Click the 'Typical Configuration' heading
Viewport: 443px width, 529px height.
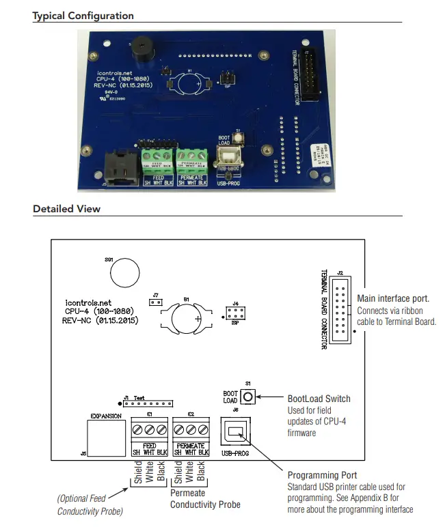83,16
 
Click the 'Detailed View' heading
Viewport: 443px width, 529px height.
66,209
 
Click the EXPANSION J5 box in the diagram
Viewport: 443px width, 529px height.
106,437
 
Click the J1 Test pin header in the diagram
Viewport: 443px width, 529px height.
148,403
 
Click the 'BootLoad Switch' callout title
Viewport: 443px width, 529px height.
319,399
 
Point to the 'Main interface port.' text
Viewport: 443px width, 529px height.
393,298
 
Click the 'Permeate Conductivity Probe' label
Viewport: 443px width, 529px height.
205,499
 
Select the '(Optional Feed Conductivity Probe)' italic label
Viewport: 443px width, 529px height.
91,505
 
